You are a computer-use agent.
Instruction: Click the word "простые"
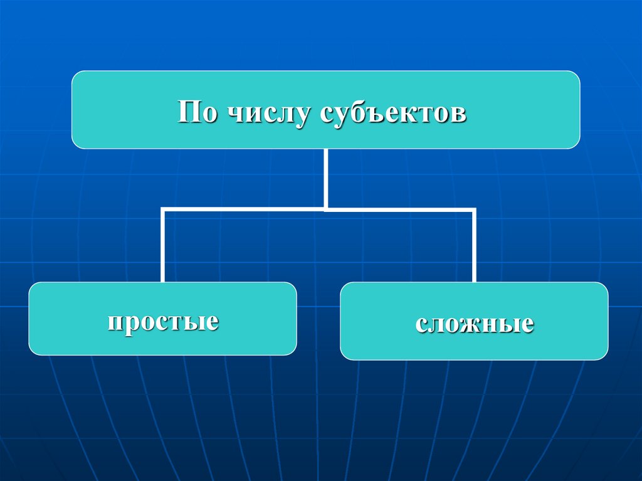(162, 321)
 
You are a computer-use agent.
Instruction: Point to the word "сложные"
(474, 324)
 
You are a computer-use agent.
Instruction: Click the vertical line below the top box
(326, 178)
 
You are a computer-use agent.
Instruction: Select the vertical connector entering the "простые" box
(163, 248)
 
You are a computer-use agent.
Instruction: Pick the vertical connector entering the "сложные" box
(474, 248)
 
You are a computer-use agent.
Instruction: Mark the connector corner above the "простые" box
(163, 209)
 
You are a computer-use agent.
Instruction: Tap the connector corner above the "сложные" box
(474, 210)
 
